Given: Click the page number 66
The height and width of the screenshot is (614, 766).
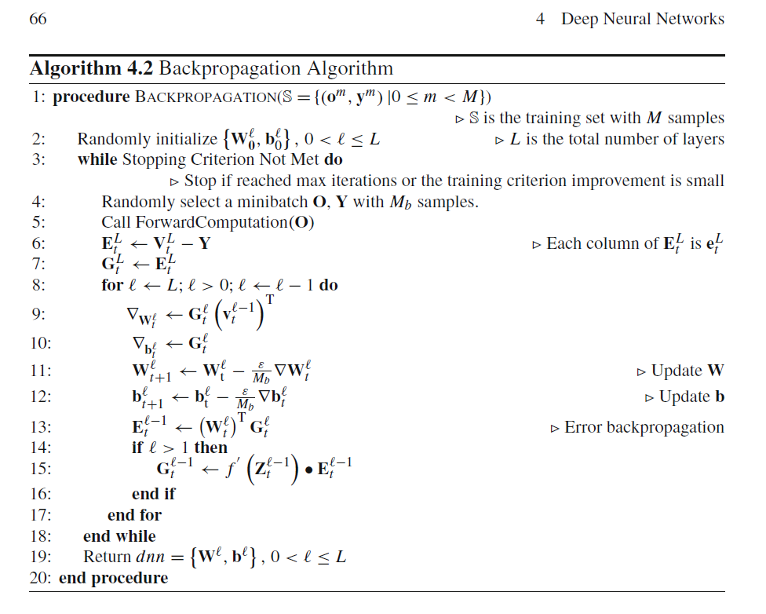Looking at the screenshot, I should coord(38,19).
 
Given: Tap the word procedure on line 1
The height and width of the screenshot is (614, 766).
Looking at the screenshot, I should coord(91,97).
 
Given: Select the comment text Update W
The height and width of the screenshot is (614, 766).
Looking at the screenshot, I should coord(688,371).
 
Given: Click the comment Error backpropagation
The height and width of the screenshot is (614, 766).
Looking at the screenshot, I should coord(644,427).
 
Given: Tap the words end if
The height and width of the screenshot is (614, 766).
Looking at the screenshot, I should coord(153,494).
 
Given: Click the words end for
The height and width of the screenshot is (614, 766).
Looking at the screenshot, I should coord(134,515).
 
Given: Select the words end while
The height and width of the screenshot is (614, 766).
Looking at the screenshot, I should coord(119,536).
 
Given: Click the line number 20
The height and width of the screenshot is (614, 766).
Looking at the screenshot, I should coord(40,579).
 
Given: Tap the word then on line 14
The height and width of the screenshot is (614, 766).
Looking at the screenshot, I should coord(210,448).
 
